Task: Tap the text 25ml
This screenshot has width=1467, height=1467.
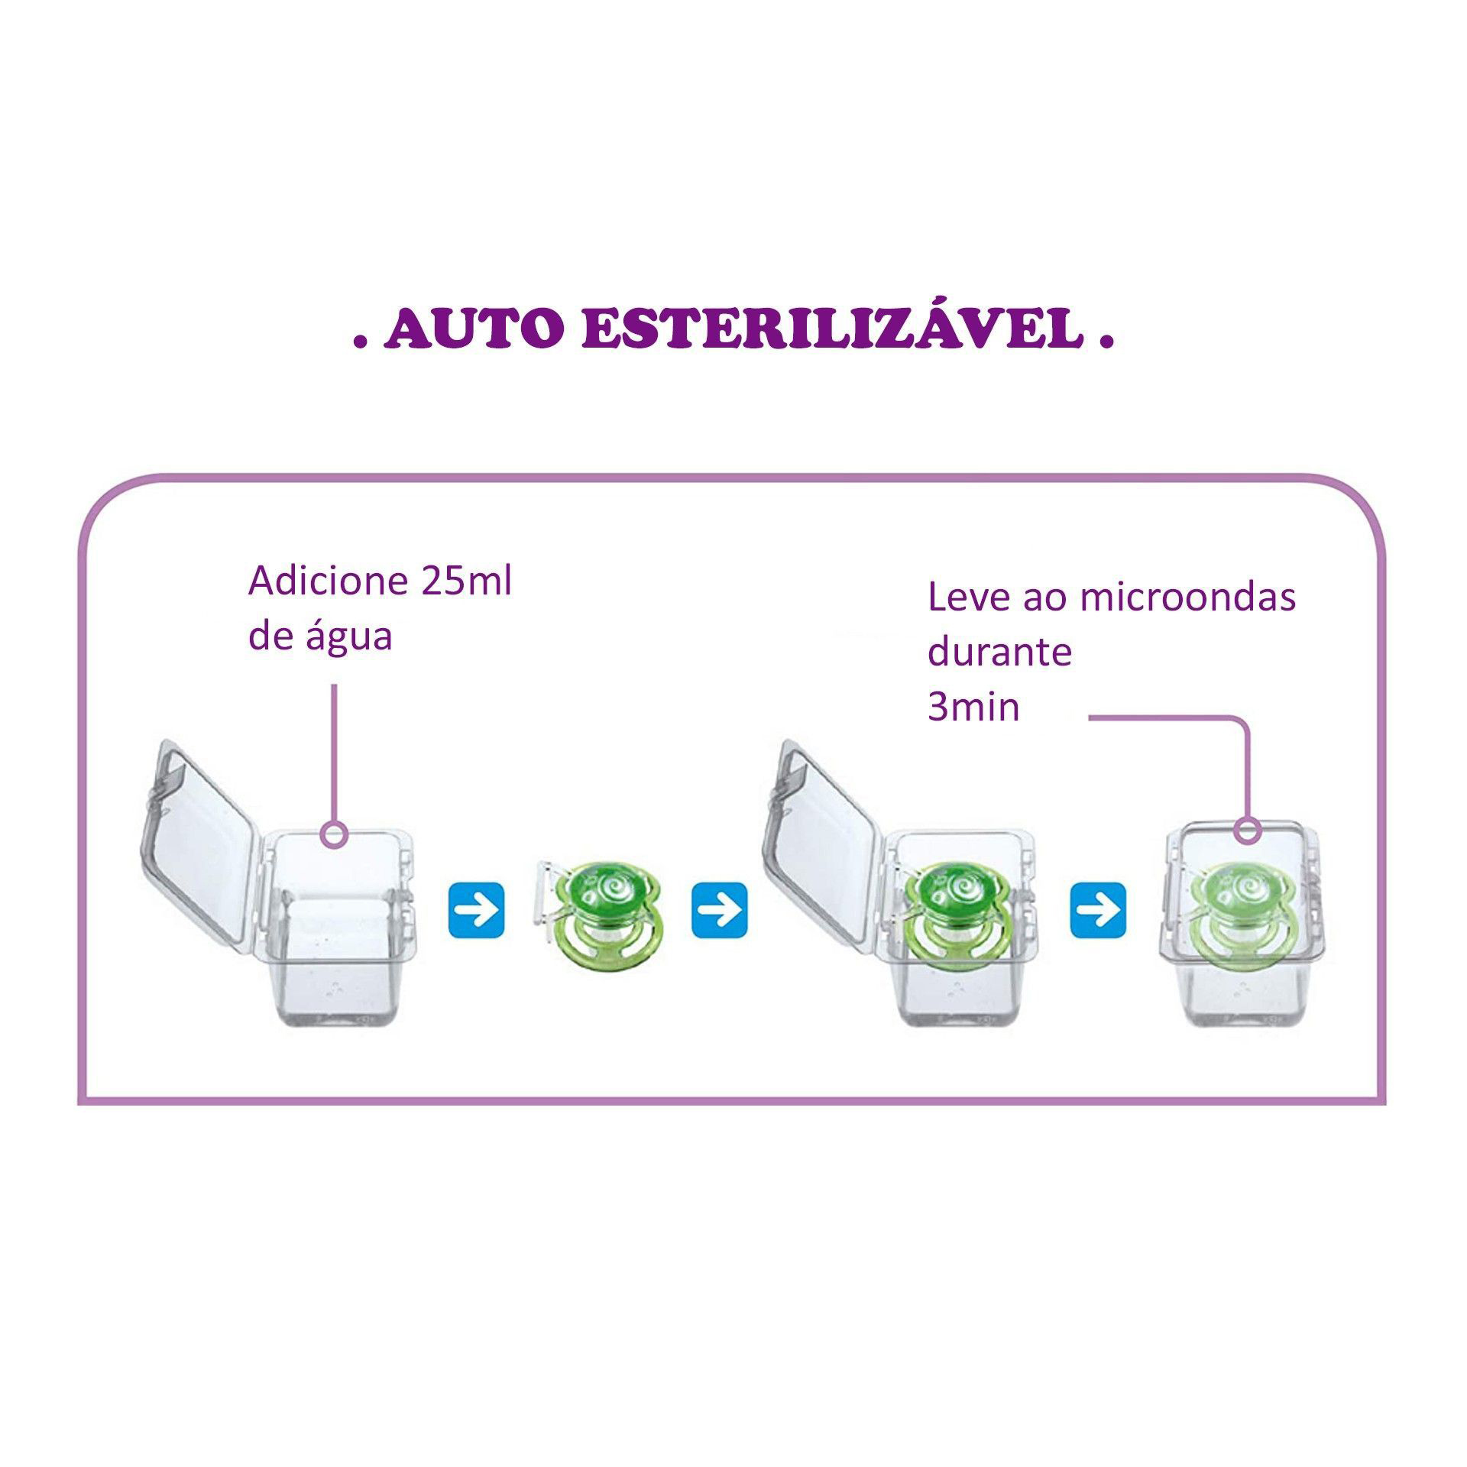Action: pyautogui.click(x=466, y=581)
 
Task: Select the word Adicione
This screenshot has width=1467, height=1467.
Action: pyautogui.click(x=326, y=581)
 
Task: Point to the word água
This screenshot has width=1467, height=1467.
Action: pyautogui.click(x=349, y=636)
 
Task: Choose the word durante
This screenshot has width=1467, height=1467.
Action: pyautogui.click(x=999, y=652)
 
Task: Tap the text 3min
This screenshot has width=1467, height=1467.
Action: pyautogui.click(x=973, y=707)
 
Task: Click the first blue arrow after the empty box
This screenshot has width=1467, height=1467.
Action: pyautogui.click(x=476, y=910)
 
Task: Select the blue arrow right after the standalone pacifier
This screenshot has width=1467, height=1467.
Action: pyautogui.click(x=719, y=910)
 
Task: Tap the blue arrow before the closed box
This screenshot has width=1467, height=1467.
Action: pyautogui.click(x=1098, y=910)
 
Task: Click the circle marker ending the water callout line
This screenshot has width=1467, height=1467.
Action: pyautogui.click(x=334, y=834)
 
